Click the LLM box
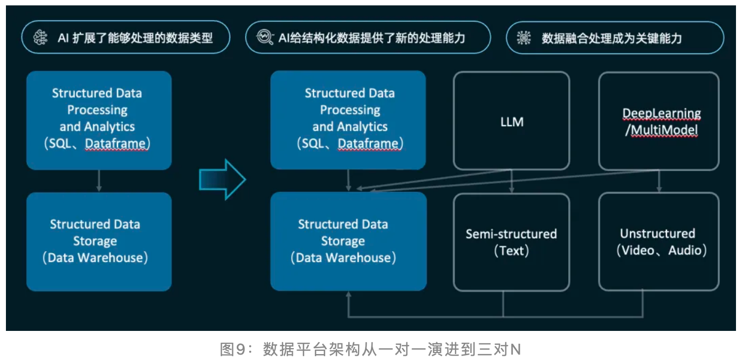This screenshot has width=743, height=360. pyautogui.click(x=511, y=122)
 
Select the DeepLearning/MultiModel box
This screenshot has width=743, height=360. pyautogui.click(x=659, y=122)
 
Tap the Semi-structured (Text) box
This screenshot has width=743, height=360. pyautogui.click(x=511, y=242)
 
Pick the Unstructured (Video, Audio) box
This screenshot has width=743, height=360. pyautogui.click(x=659, y=242)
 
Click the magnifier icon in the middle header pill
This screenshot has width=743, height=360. pyautogui.click(x=265, y=38)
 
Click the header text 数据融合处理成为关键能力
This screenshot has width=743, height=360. pyautogui.click(x=611, y=38)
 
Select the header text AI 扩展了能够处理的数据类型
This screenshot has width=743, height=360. pyautogui.click(x=135, y=38)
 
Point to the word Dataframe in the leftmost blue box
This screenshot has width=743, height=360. pyautogui.click(x=115, y=144)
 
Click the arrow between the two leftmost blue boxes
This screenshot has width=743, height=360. pyautogui.click(x=99, y=181)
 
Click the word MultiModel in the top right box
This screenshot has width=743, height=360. pyautogui.click(x=664, y=130)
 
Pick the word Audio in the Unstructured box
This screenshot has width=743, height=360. pyautogui.click(x=685, y=251)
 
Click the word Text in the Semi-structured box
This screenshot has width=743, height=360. pyautogui.click(x=512, y=251)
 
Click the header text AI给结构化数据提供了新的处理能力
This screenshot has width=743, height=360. pyautogui.click(x=371, y=38)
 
